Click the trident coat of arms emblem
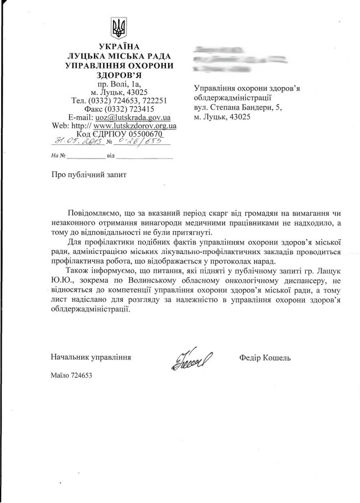pyautogui.click(x=119, y=26)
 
